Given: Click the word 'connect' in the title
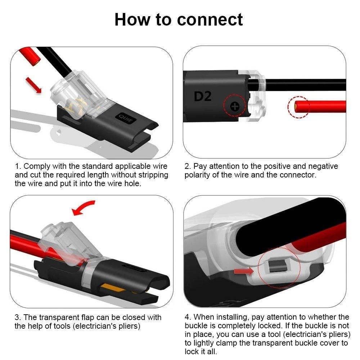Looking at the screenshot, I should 210,19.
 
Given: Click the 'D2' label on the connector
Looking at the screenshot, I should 203,96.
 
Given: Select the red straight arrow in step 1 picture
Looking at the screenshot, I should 33,85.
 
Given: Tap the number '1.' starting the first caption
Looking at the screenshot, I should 18,166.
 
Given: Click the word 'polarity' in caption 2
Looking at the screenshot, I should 197,175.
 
